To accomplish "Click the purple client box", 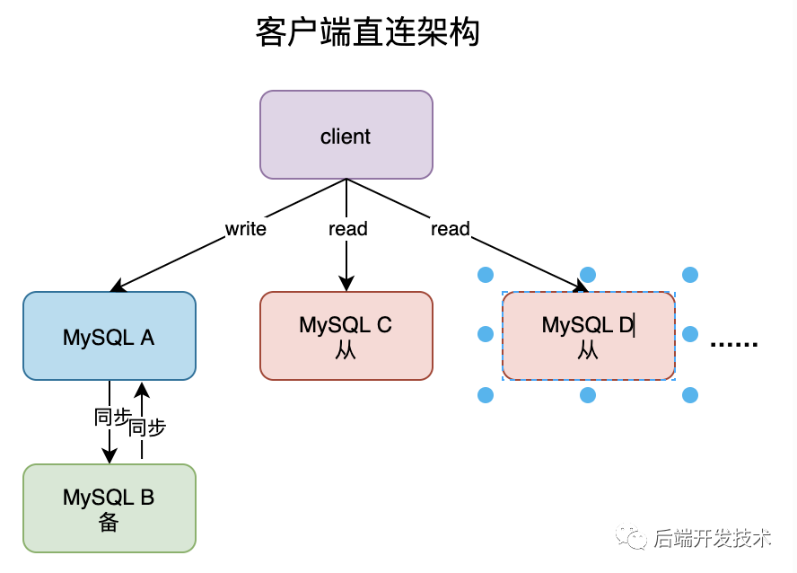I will pos(346,135).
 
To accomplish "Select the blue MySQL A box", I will pos(109,336).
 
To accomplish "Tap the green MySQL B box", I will pos(109,507).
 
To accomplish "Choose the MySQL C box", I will pos(346,335).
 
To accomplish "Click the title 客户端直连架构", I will pos(367,32).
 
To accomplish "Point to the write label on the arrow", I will pos(245,229).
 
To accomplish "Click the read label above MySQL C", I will pos(347,229).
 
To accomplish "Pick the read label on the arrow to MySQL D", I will pos(450,229).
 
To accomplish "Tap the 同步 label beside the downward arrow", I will pos(112,417).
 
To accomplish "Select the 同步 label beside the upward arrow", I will pos(147,428).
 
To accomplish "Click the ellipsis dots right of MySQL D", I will pos(734,343).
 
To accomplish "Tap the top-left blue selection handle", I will pos(486,275).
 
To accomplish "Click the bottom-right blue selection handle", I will pos(690,394).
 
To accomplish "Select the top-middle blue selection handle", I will pos(588,275).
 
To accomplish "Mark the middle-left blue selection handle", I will pos(486,334).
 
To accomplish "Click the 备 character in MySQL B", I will pos(109,523).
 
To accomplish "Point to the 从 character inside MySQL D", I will pos(588,350).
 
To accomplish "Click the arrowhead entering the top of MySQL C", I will pos(346,284).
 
